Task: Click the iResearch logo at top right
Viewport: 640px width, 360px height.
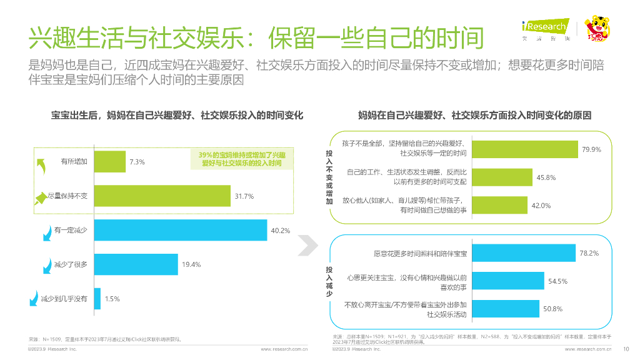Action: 545,29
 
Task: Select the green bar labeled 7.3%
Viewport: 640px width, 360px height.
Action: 109,162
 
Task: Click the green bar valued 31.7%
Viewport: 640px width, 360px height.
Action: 162,196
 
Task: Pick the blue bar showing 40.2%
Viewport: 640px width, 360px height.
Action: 180,231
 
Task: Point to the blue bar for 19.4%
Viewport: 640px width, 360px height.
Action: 136,264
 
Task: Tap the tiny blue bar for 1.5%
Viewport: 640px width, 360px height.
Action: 97,299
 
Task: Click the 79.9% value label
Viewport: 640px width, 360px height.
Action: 591,149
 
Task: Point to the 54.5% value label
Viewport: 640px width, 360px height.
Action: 557,281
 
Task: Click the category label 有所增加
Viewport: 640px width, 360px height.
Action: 74,162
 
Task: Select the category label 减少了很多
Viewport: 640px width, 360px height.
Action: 71,265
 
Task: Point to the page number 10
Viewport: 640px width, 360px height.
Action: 626,349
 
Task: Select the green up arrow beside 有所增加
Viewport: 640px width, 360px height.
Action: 42,164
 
